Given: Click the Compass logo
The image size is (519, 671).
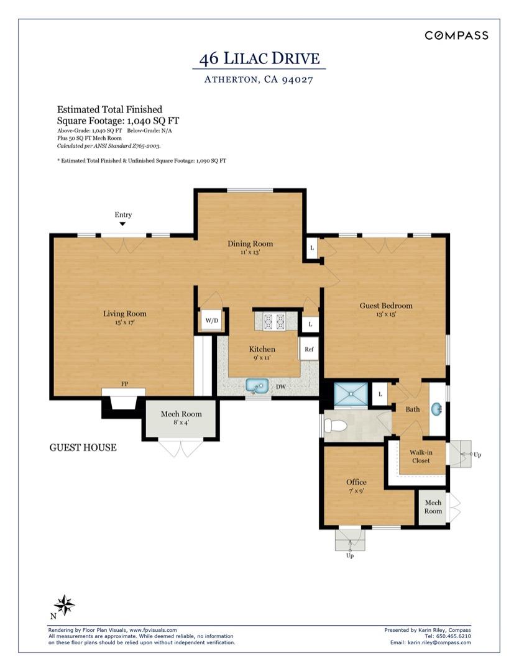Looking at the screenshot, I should [x=456, y=35].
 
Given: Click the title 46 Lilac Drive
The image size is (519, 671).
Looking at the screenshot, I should [x=259, y=59].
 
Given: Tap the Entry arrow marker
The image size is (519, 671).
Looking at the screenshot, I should [x=122, y=224].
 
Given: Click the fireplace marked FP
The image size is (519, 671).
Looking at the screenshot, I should [x=124, y=401].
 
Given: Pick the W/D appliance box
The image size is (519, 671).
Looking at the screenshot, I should [x=212, y=321].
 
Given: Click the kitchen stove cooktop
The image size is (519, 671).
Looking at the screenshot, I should [x=274, y=321].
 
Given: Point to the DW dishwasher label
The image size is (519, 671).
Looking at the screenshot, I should [x=280, y=387].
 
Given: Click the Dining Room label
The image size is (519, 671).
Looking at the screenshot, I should [x=250, y=244].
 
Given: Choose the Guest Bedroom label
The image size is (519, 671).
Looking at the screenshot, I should [x=386, y=306].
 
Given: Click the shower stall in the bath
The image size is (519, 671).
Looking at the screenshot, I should [x=351, y=395].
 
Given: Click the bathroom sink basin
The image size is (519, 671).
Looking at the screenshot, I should [x=437, y=409].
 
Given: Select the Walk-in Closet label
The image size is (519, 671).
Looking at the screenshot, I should [x=421, y=457].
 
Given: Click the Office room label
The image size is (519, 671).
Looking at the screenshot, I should [x=356, y=482].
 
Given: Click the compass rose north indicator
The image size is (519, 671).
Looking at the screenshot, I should [x=63, y=604].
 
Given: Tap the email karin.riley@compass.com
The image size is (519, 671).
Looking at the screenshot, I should [x=438, y=642].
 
